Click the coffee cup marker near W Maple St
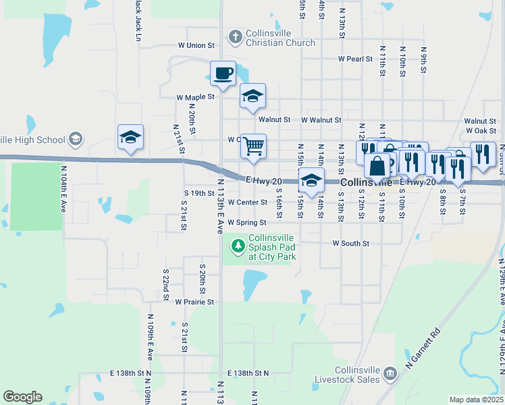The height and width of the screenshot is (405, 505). pos(223,74)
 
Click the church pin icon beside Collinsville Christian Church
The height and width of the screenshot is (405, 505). pos(235,37)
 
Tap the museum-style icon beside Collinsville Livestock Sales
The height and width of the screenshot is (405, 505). pos(390,373)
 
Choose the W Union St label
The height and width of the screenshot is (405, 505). pos(196,45)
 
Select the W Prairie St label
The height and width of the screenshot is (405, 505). pos(194,302)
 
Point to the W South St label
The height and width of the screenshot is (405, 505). pos(351,243)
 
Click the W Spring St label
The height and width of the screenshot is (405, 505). pos(246,222)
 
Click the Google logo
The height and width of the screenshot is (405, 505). pos(22,397)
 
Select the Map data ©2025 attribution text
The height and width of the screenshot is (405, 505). pos(476,400)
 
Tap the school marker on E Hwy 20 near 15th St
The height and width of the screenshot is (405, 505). pos(311,181)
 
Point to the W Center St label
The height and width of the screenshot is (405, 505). pos(248,202)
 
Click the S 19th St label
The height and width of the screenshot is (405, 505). pos(199,193)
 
